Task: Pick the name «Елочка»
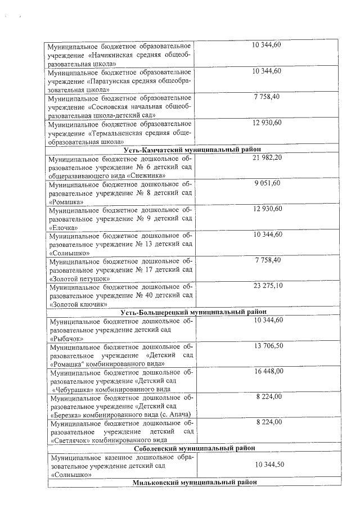64,227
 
